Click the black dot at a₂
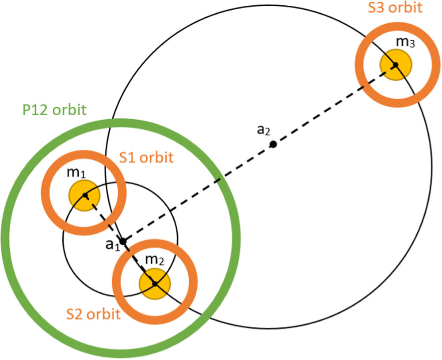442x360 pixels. click(x=273, y=144)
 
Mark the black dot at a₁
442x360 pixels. click(x=123, y=241)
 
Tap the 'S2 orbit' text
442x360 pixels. click(x=93, y=314)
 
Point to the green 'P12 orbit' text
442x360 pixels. click(x=53, y=110)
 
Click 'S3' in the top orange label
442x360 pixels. click(x=375, y=8)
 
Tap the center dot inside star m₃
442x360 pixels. click(x=396, y=65)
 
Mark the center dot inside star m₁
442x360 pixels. click(x=85, y=194)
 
